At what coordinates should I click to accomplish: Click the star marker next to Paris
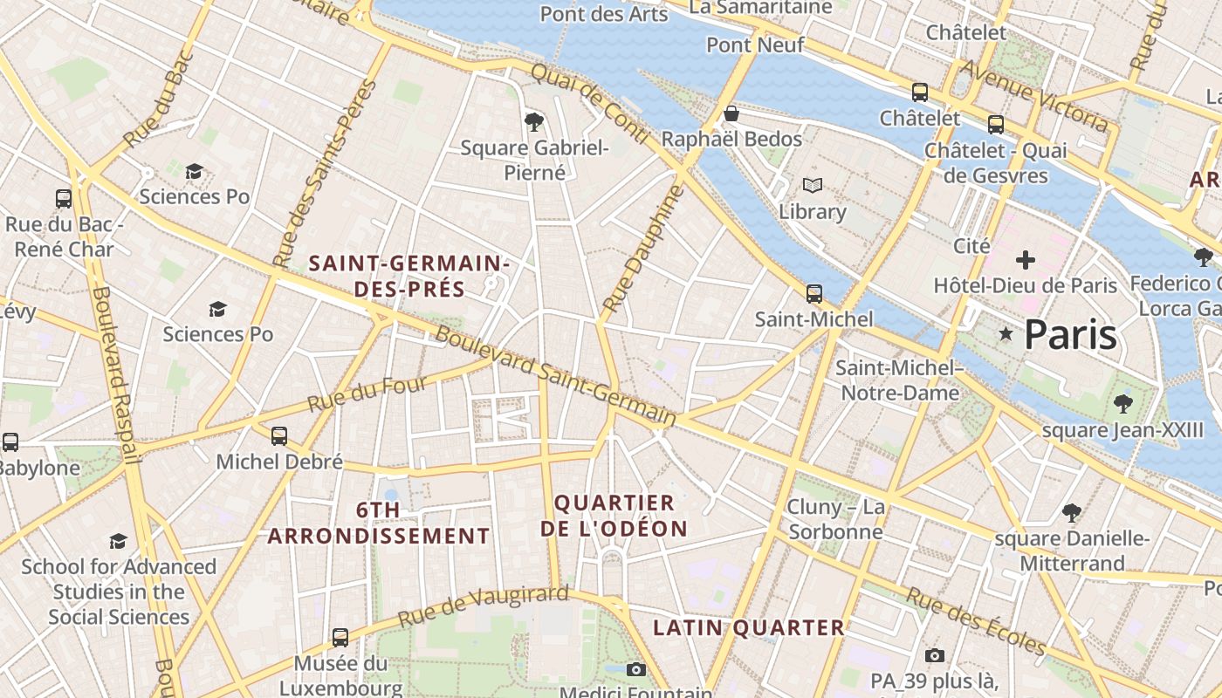tap(1006, 333)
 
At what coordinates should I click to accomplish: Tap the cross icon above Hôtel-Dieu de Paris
tap(1026, 259)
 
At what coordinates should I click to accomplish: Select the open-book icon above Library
tap(813, 185)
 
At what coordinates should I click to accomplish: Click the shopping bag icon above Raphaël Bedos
tap(731, 113)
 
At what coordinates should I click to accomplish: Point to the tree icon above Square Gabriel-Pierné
tap(533, 121)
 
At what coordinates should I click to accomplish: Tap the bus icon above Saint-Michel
tap(814, 293)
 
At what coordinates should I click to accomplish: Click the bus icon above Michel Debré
tap(279, 435)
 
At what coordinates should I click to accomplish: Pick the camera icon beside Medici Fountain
tap(636, 669)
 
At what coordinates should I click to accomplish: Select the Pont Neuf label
tap(755, 44)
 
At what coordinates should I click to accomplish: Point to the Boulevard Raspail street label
tap(116, 375)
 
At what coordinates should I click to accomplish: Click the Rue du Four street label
tap(367, 394)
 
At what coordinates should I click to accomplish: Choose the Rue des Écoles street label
tap(975, 620)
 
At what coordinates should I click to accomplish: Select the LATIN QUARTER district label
tap(749, 627)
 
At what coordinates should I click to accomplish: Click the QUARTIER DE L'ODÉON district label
tap(614, 516)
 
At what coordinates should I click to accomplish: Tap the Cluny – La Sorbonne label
tap(835, 519)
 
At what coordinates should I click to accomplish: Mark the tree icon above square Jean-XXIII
tap(1122, 403)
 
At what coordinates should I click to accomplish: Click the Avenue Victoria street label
tap(1034, 96)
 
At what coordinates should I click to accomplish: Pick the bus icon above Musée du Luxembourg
tap(340, 638)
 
